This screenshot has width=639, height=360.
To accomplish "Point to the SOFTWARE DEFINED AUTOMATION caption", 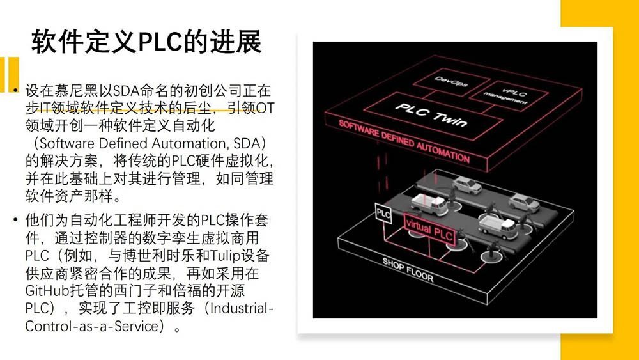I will [404, 141].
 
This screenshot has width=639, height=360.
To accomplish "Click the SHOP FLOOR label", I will [408, 270].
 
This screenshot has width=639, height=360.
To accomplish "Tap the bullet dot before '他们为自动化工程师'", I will [15, 221].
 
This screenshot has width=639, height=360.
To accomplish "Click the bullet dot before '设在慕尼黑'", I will [15, 90].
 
